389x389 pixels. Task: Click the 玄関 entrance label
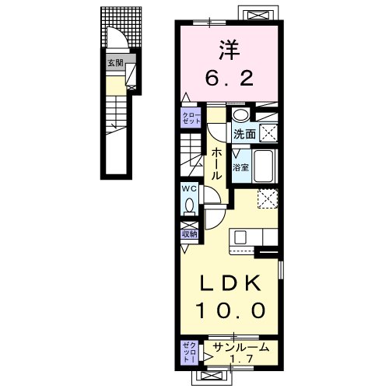[115, 63]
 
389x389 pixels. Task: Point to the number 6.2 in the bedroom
[230, 79]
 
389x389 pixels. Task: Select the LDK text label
[230, 282]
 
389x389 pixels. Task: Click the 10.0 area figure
[230, 310]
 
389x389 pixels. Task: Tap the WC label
[189, 189]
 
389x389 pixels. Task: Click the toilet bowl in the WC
[190, 205]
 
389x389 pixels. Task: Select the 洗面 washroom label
[244, 134]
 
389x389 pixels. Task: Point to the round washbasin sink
[240, 114]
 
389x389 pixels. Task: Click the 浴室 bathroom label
[240, 167]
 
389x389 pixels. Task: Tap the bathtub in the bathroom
[263, 166]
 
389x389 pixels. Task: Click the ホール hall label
[216, 164]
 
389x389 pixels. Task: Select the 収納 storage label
[190, 234]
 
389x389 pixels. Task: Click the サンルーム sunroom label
[240, 347]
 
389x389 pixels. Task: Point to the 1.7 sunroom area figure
[241, 359]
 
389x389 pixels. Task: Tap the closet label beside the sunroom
[190, 352]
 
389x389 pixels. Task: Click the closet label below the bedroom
[191, 118]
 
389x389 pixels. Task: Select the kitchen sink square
[240, 237]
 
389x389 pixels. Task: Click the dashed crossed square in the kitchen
[268, 198]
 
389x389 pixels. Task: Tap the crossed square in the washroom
[268, 133]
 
